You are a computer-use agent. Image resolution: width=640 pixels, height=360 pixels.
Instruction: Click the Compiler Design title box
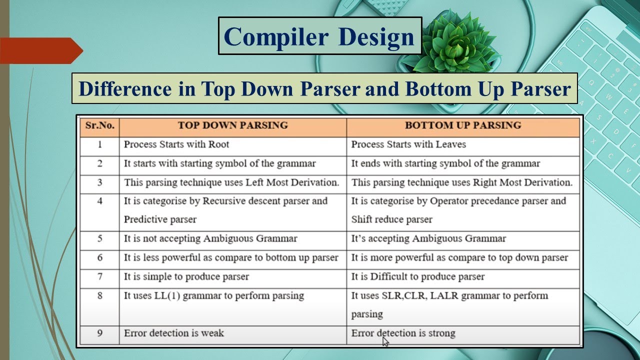pyautogui.click(x=320, y=36)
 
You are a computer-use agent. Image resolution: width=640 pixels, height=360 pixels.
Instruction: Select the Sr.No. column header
pyautogui.click(x=100, y=125)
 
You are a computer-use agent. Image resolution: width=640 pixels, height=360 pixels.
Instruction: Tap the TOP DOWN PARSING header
pyautogui.click(x=233, y=125)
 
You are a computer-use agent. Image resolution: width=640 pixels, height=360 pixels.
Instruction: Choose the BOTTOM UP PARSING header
pyautogui.click(x=463, y=125)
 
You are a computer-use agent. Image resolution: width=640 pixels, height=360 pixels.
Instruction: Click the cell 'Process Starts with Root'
pyautogui.click(x=176, y=144)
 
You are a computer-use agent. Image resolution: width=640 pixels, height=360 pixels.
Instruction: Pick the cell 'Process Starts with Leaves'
pyautogui.click(x=408, y=144)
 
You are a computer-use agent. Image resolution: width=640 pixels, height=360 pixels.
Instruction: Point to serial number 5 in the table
pyautogui.click(x=100, y=238)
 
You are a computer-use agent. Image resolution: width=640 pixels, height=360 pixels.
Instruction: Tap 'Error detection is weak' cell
pyautogui.click(x=174, y=333)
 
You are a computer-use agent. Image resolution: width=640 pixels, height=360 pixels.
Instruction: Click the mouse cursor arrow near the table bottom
pyautogui.click(x=385, y=341)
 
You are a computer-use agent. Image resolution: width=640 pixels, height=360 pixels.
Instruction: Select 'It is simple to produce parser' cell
pyautogui.click(x=186, y=276)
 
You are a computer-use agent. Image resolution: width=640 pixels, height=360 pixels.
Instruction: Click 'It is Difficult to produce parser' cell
pyautogui.click(x=418, y=276)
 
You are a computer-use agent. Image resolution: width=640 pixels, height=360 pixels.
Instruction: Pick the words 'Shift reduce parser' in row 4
pyautogui.click(x=391, y=219)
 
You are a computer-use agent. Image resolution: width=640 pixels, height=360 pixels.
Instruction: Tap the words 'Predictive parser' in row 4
pyautogui.click(x=160, y=219)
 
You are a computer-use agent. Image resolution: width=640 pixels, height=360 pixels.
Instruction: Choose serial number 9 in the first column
pyautogui.click(x=100, y=333)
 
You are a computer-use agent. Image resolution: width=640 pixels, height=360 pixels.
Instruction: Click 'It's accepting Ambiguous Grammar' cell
pyautogui.click(x=428, y=238)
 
